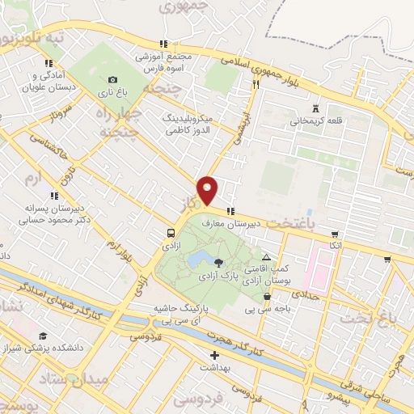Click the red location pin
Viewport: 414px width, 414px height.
click(208, 190)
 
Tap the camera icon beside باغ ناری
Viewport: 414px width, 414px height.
click(112, 79)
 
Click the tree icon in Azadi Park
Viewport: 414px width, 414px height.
click(218, 260)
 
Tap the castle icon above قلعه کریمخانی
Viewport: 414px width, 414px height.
click(315, 109)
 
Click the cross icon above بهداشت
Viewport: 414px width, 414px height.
click(214, 355)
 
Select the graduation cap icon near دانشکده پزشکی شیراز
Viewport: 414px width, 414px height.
click(42, 336)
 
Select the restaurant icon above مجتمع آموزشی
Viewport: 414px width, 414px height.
click(163, 44)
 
